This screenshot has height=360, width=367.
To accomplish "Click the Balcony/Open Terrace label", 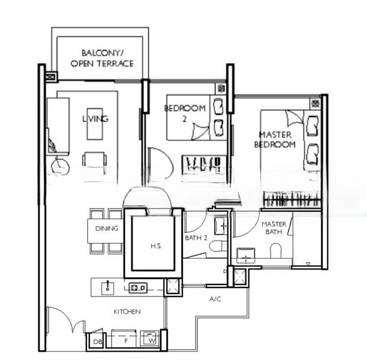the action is click(102, 58).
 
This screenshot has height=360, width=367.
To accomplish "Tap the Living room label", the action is click(95, 119).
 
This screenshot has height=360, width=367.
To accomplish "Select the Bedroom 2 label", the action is click(185, 113).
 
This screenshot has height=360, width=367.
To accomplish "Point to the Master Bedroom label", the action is click(275, 140).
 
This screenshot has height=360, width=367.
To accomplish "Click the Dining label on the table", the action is click(107, 228).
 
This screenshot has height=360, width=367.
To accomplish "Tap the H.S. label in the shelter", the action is click(156, 246).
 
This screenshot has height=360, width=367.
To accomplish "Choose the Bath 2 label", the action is click(196, 238).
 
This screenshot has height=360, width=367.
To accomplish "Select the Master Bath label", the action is click(274, 228).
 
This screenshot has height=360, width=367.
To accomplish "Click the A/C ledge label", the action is click(215, 299).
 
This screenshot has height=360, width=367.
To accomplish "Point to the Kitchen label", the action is click(127, 312).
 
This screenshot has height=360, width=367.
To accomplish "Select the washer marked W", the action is click(150, 338).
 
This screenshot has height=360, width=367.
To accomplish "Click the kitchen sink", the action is click(108, 288).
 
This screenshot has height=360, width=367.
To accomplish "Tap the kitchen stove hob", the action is click(138, 287).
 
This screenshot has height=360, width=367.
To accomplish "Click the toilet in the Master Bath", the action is click(275, 251).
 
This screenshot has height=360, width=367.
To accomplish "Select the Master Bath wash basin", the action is click(246, 255).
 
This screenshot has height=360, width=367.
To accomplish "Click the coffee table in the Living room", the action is click(95, 124).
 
